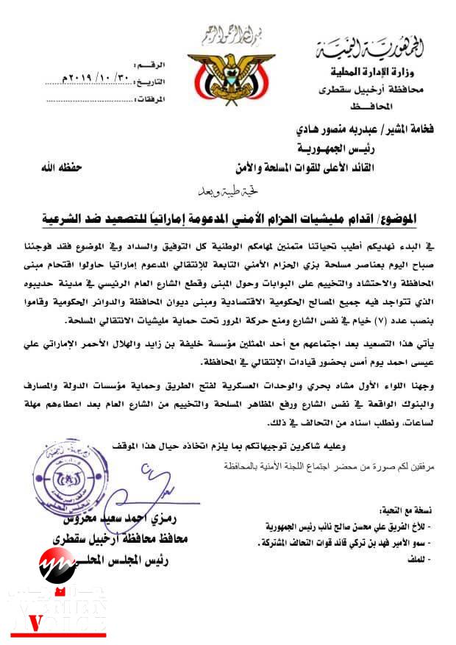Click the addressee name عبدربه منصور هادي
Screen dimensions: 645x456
(350, 126)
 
